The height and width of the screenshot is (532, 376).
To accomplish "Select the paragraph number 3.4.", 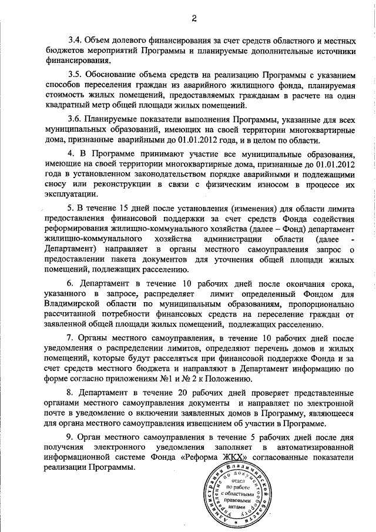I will click(x=75, y=41).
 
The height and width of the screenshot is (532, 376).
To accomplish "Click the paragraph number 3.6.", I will click(x=75, y=119).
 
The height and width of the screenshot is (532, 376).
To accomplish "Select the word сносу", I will click(x=56, y=185).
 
